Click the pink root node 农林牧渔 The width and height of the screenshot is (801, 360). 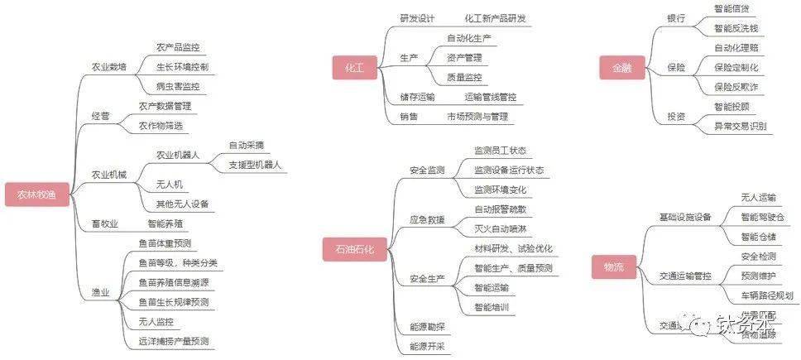36,196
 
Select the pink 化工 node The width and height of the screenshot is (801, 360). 353,69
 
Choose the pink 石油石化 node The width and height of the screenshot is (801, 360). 354,249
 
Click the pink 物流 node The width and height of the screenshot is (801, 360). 613,266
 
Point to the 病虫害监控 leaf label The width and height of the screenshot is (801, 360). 177,85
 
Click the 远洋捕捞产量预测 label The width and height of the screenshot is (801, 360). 174,340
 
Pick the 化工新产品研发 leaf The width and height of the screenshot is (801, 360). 495,18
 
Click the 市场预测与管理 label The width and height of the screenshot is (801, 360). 477,117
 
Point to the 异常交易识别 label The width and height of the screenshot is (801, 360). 740,127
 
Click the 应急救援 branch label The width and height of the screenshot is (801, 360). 427,220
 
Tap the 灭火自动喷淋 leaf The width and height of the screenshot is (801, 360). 500,228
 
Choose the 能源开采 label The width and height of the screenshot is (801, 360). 427,346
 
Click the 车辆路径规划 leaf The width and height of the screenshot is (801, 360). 766,295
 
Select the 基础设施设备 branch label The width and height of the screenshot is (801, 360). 685,217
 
